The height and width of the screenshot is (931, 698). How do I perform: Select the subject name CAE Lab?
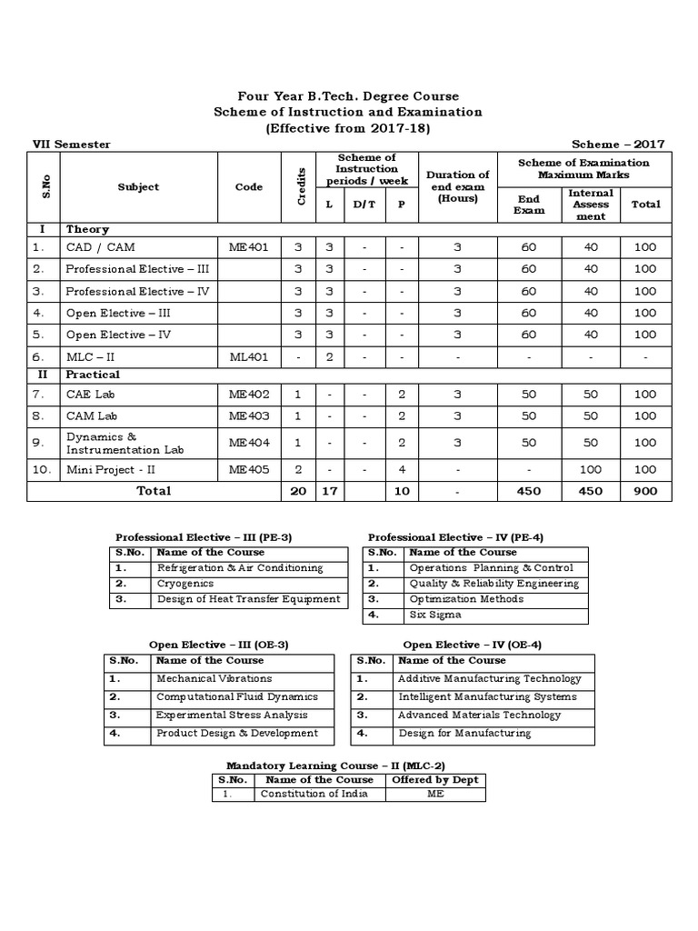(89, 396)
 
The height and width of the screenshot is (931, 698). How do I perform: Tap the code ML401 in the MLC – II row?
(248, 357)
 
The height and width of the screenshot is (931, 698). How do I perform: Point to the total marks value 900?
(645, 491)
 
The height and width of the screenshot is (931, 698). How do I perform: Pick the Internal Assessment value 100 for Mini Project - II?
(591, 469)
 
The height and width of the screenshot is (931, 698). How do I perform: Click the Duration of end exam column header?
(457, 186)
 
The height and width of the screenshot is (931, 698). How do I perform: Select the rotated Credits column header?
(301, 186)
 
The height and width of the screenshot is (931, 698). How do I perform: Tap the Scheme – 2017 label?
(618, 145)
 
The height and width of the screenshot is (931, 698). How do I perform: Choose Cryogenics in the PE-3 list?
(185, 584)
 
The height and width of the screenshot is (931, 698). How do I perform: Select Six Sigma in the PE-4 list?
(434, 616)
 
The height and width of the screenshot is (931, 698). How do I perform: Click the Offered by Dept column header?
(434, 779)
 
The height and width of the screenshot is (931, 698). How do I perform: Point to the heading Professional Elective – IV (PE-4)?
(455, 537)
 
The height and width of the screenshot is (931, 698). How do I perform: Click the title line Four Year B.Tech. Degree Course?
(348, 96)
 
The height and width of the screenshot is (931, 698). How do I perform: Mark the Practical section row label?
(93, 375)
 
